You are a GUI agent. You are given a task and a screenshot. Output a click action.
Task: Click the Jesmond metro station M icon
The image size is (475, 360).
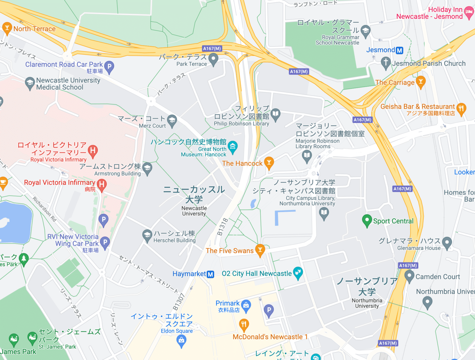click(399, 50)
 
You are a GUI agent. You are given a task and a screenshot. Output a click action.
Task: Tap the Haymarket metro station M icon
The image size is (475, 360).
click(210, 274)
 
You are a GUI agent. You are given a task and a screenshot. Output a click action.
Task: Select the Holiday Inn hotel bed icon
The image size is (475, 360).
click(469, 13)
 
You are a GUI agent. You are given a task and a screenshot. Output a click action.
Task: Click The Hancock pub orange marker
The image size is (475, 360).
click(269, 162)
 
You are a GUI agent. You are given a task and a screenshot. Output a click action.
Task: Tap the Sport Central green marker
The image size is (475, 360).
click(367, 220)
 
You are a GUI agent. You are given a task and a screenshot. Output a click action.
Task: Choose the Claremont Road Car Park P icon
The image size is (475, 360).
click(109, 66)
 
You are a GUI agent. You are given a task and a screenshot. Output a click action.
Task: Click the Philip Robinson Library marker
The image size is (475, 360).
click(275, 114)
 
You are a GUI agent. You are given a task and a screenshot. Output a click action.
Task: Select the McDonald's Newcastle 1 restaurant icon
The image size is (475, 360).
click(244, 325)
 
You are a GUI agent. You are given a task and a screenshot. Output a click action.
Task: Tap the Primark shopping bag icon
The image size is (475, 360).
click(246, 305)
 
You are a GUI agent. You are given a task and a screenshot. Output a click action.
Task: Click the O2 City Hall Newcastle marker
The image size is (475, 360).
click(298, 273)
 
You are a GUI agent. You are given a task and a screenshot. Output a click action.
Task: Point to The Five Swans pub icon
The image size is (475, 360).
click(260, 250)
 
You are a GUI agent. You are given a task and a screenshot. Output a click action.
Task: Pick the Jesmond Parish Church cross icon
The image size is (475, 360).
click(386, 63)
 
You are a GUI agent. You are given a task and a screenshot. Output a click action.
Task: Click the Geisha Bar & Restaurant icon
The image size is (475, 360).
click(461, 109)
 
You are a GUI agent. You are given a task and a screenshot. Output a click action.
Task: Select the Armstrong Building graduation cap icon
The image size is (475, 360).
click(147, 168)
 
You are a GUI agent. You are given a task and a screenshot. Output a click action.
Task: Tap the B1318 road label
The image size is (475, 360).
click(223, 227)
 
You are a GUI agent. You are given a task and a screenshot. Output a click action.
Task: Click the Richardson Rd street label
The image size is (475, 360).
click(45, 209)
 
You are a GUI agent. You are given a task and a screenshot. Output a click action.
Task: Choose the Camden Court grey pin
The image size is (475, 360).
click(409, 276)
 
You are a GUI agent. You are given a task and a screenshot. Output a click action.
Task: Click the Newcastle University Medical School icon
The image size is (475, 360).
click(30, 83)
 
